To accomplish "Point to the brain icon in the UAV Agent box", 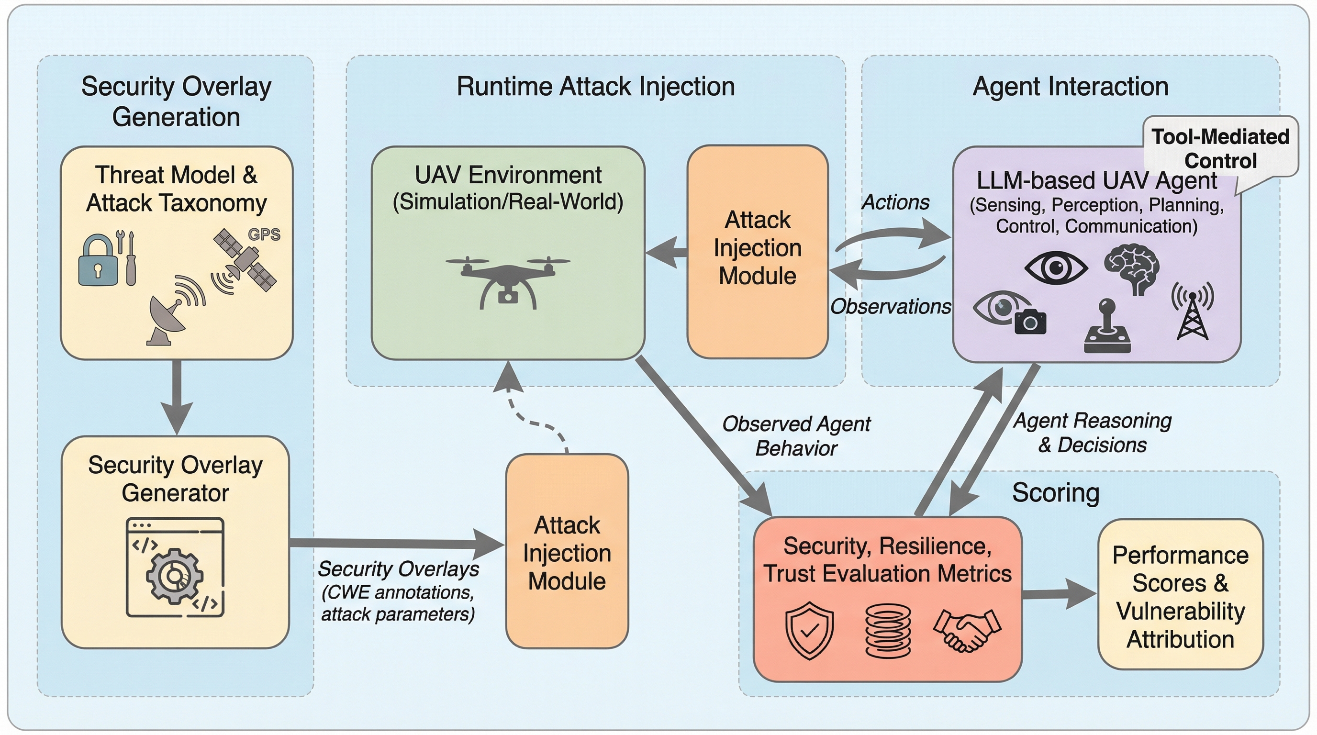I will (x=1132, y=268).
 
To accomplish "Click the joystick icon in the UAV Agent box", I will (x=1107, y=327).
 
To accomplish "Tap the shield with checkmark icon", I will (x=809, y=630).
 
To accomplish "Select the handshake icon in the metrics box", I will (x=967, y=630).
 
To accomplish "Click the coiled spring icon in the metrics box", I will (x=888, y=630).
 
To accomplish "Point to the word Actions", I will (x=895, y=202).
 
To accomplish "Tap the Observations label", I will (x=890, y=307).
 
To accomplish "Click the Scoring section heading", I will (x=1055, y=493).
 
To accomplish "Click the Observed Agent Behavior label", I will (x=796, y=436).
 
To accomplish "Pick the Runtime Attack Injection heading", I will (x=596, y=87).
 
